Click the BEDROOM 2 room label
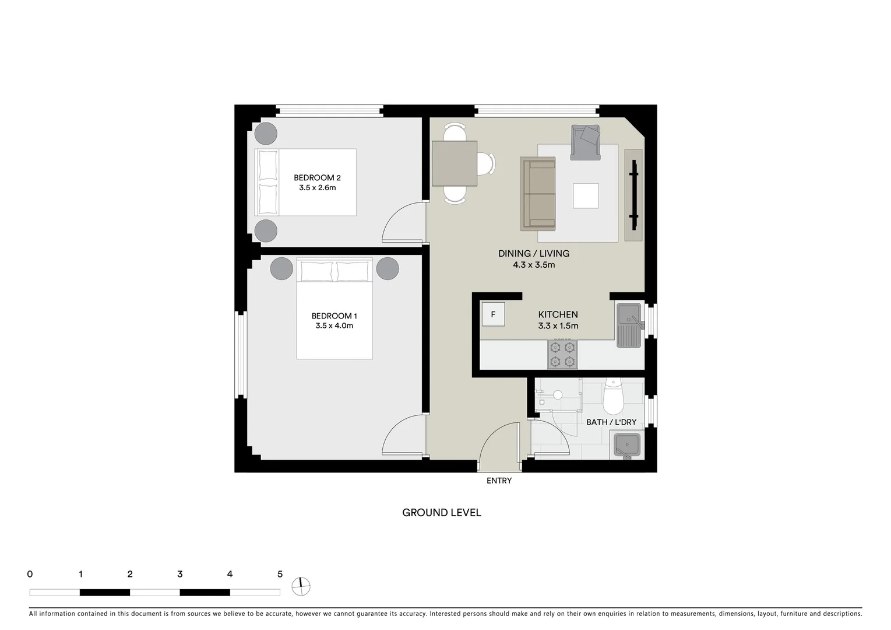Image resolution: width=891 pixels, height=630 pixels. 317,178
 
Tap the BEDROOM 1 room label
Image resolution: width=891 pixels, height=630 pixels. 334,316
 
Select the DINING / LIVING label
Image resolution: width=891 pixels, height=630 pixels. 533,254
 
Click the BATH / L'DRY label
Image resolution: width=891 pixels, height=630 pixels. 611,422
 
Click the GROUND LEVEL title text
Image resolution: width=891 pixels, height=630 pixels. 442,513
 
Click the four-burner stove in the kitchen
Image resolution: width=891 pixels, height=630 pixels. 562,355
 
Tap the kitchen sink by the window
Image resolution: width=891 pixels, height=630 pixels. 629,325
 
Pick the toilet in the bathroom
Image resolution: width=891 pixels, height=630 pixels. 613,396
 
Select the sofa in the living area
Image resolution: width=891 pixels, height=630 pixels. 537,193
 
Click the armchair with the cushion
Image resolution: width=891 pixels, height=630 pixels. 586,142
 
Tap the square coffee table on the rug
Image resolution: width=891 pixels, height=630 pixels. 586,195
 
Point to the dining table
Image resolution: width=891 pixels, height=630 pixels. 455,163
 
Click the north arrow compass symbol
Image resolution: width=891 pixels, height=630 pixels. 302,587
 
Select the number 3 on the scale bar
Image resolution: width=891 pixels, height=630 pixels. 179,575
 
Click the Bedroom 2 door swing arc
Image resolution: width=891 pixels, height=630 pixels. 399,222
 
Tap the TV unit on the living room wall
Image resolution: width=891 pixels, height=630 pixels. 633,195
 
